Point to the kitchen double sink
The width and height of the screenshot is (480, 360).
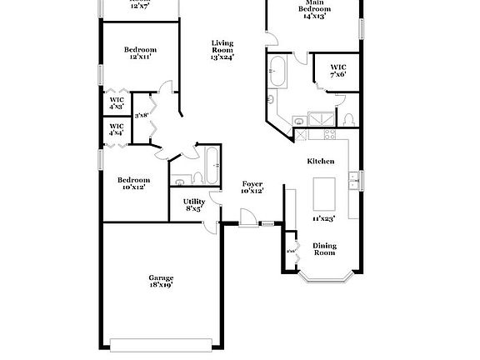pos(355,180)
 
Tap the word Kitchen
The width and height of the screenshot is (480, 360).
pos(321,161)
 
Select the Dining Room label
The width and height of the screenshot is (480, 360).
pos(324,248)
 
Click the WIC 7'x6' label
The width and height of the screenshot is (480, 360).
pos(337,71)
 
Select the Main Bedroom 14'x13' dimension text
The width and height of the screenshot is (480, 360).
pos(313,15)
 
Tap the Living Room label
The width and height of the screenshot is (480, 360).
pos(222,50)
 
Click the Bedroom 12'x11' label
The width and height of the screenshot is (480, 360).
pos(139,53)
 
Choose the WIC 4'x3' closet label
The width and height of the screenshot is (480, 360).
pos(116,103)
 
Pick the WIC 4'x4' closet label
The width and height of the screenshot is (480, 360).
pos(116,130)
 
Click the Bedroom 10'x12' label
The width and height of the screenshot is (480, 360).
pos(133,183)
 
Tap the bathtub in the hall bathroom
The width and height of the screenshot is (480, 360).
pos(211,165)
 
